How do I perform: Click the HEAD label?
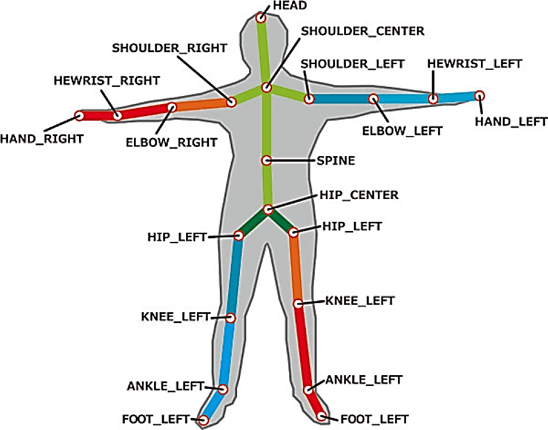click(291, 6)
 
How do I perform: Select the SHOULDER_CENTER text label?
click(363, 31)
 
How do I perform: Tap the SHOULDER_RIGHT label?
click(169, 48)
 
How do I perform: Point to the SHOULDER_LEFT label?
click(353, 63)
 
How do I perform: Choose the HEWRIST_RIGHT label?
click(107, 81)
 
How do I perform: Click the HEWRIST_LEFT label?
click(475, 63)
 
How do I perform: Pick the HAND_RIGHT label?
click(42, 138)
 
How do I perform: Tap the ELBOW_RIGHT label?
click(171, 142)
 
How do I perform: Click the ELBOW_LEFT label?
click(403, 131)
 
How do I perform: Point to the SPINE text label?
click(336, 161)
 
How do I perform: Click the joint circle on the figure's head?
click(261, 18)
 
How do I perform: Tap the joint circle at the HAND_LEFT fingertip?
click(480, 95)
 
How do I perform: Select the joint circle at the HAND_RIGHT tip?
click(80, 116)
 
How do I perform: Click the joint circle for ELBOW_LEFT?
click(373, 99)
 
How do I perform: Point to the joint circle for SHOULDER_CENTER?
click(266, 87)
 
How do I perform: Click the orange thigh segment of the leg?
click(296, 269)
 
